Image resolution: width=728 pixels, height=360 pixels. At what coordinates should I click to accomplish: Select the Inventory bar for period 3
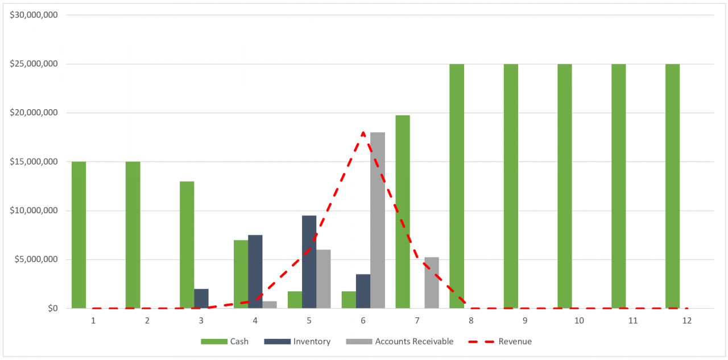(x=201, y=299)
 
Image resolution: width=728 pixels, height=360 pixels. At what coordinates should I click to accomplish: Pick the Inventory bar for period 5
(x=309, y=262)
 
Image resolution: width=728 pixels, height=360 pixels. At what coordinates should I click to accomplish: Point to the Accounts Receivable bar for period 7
(x=431, y=283)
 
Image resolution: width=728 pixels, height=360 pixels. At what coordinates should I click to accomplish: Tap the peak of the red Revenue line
(x=363, y=133)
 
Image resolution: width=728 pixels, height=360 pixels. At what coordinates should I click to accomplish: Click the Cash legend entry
(x=228, y=341)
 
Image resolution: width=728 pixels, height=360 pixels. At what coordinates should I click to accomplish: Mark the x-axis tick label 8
(x=471, y=321)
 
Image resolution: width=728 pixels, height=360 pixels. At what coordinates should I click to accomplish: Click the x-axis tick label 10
(x=579, y=321)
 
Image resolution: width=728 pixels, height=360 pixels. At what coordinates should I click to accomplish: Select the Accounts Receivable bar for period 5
(x=323, y=279)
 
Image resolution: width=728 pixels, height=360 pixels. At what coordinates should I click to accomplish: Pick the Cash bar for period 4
(x=241, y=274)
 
